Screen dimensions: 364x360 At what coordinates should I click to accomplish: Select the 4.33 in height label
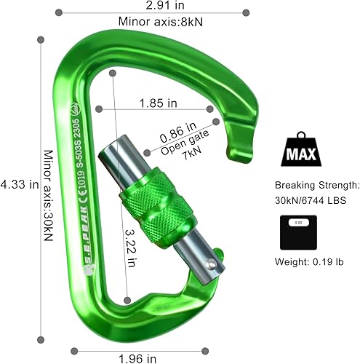[x=20, y=183]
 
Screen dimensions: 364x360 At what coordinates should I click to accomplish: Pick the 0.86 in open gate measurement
[x=177, y=130]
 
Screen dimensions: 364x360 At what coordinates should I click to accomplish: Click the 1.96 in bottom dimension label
[x=138, y=357]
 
